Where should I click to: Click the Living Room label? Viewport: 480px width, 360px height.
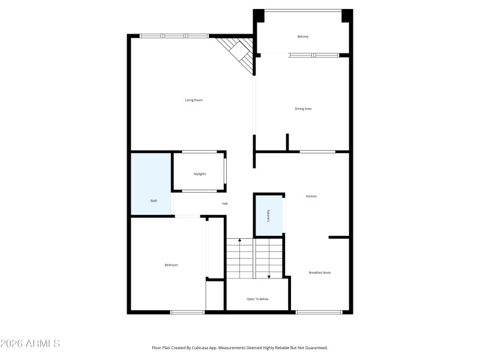point(194,100)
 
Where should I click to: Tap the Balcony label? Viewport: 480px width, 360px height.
point(303,37)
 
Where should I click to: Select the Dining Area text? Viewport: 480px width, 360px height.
point(303,109)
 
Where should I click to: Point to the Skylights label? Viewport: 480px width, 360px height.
point(200,174)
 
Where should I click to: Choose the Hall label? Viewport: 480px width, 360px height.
point(225,204)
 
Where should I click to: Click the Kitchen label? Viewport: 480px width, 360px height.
point(311,196)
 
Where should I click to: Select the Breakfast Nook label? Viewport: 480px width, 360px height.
point(320,272)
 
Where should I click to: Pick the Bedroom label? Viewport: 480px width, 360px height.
point(172,265)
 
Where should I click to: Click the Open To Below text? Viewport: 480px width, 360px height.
point(257,299)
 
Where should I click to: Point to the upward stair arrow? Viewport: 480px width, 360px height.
point(240,241)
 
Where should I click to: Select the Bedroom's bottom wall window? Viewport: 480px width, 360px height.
point(187,312)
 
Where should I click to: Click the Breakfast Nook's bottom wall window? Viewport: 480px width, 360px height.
point(319,312)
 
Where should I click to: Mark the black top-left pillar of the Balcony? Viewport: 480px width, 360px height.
point(259,16)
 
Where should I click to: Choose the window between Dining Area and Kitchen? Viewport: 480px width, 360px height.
point(317,151)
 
